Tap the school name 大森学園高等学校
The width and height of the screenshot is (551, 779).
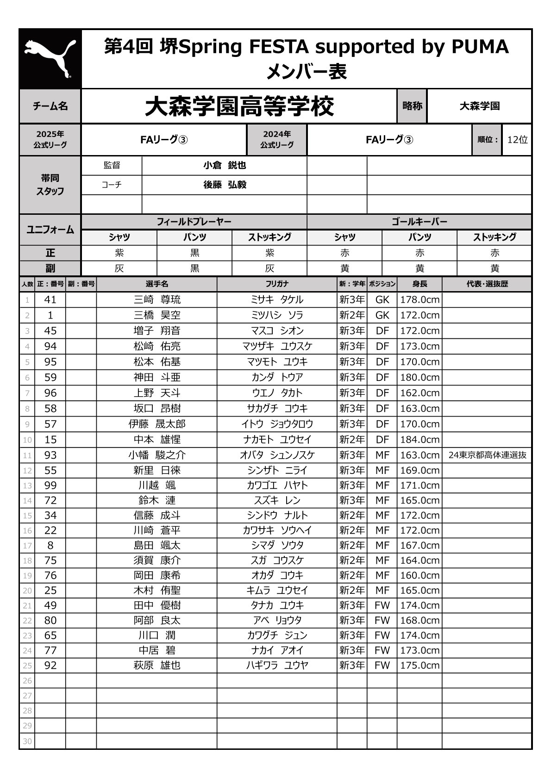point(239,106)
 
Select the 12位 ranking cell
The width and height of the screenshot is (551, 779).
point(517,139)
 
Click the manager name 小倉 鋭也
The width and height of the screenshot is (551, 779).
point(225,165)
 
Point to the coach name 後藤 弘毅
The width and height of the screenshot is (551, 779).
point(225,185)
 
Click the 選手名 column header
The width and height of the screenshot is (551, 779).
point(157,284)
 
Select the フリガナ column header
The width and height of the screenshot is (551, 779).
point(277,284)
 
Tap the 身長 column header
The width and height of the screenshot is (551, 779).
point(420,284)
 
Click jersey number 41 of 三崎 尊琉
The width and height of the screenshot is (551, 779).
point(50,299)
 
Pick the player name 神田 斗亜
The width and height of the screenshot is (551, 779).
point(157,377)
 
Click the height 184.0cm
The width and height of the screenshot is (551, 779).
point(420,439)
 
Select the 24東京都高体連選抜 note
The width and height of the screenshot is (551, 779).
point(487,455)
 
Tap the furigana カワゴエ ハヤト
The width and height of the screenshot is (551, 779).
point(277,485)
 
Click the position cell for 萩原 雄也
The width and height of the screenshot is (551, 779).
point(382,665)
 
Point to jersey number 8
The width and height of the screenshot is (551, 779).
point(50,545)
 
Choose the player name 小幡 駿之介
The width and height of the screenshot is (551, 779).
point(157,455)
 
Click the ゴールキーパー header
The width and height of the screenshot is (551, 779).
point(420,222)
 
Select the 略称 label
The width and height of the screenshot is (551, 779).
point(412,106)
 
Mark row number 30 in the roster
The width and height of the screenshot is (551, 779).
point(27,742)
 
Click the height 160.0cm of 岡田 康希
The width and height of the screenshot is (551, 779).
point(420,575)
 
